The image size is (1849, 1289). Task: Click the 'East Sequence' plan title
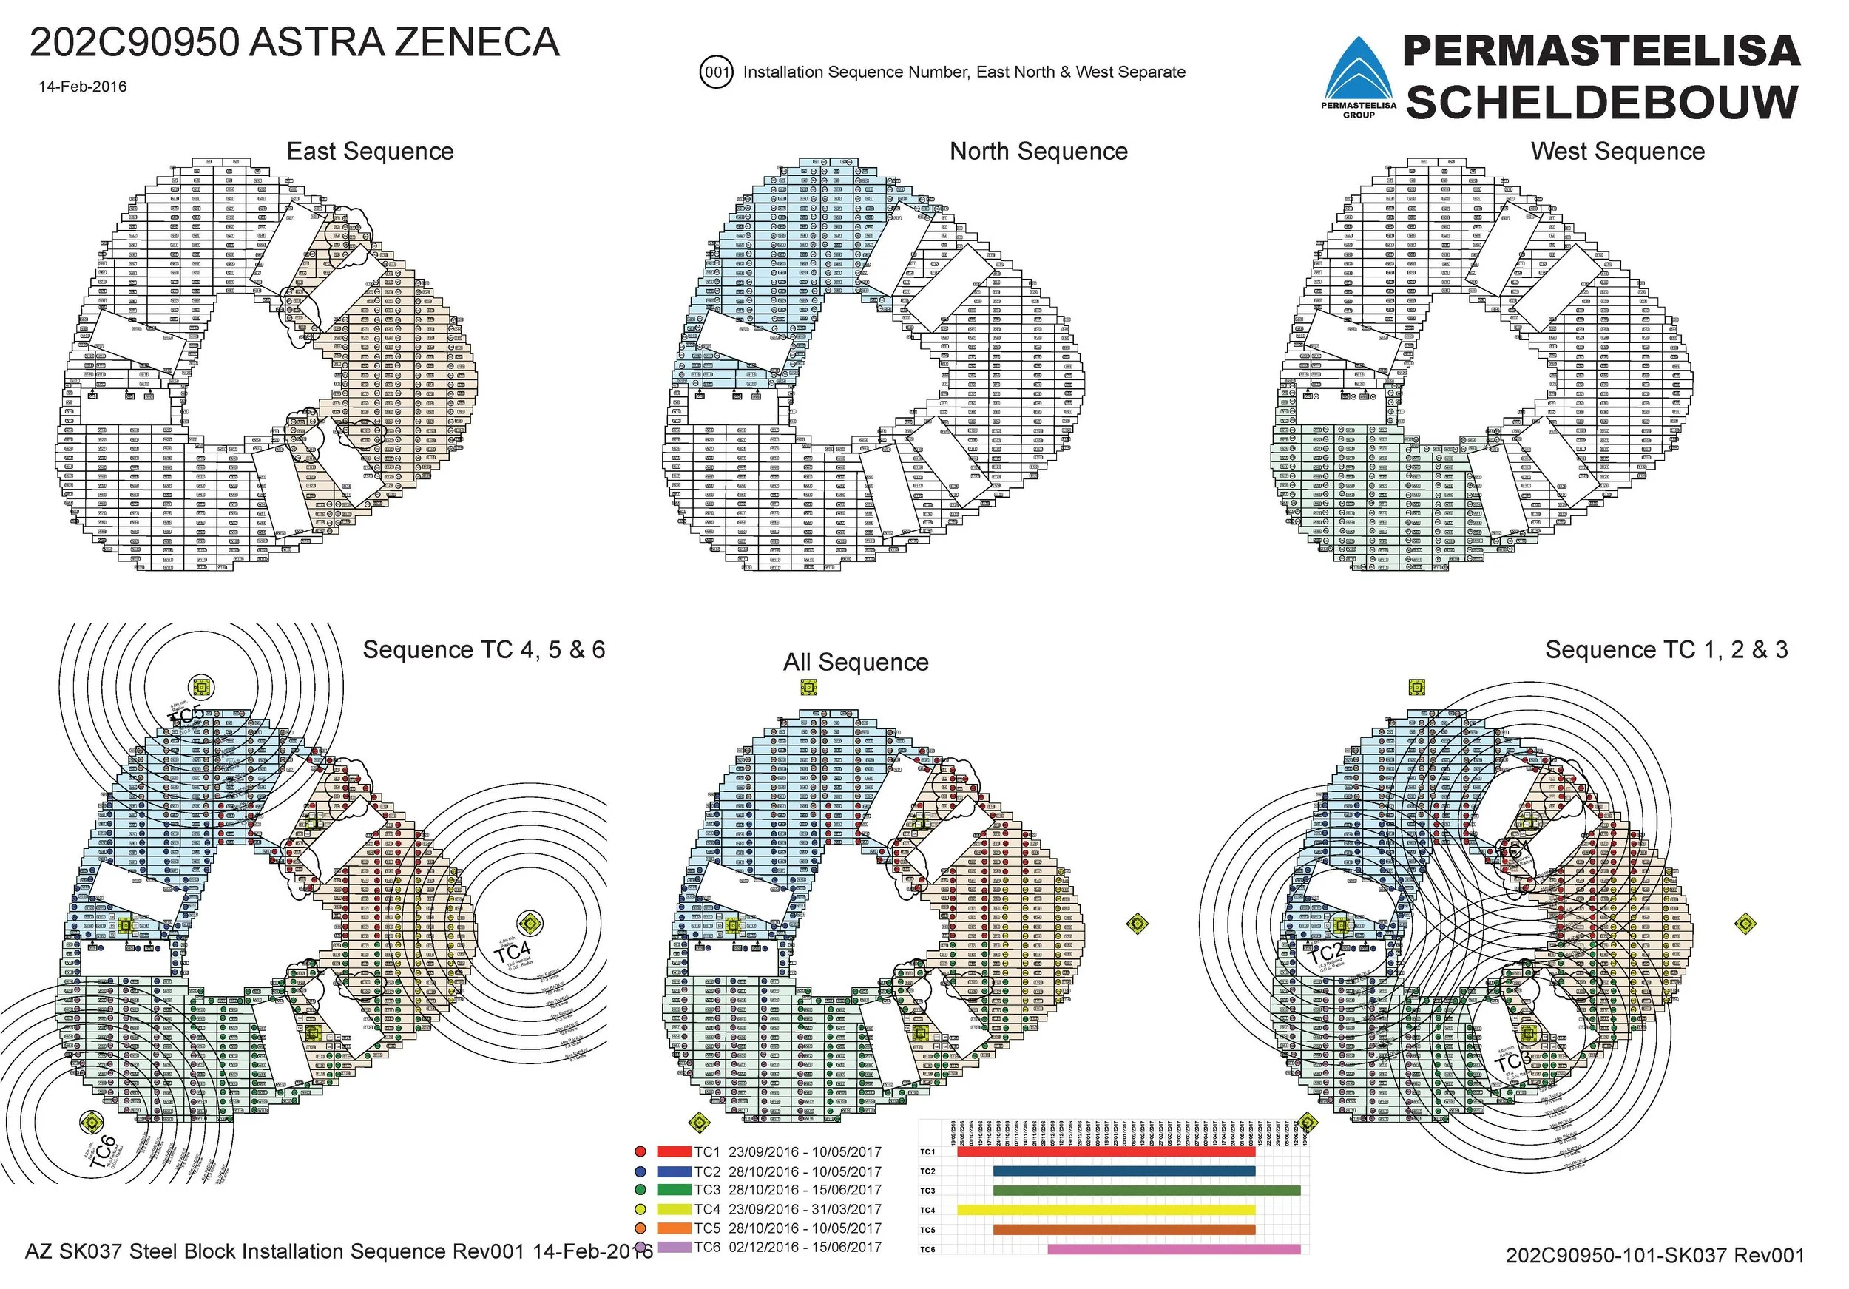[x=370, y=152]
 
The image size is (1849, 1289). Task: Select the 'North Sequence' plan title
[x=1038, y=152]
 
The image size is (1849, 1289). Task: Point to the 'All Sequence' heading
[x=855, y=662]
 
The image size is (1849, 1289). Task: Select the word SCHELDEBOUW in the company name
[x=1602, y=103]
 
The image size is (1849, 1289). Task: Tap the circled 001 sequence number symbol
[x=716, y=72]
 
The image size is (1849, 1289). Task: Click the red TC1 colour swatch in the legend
[x=674, y=1152]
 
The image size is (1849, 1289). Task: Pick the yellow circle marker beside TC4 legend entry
[x=640, y=1209]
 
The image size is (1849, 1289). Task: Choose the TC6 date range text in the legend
[x=805, y=1247]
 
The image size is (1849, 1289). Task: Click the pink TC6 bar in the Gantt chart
[x=1173, y=1250]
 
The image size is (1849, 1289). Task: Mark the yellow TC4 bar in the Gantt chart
[x=1106, y=1210]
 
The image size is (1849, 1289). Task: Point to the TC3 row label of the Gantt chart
[x=927, y=1191]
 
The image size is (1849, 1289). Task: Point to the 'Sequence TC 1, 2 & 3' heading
[x=1666, y=650]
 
